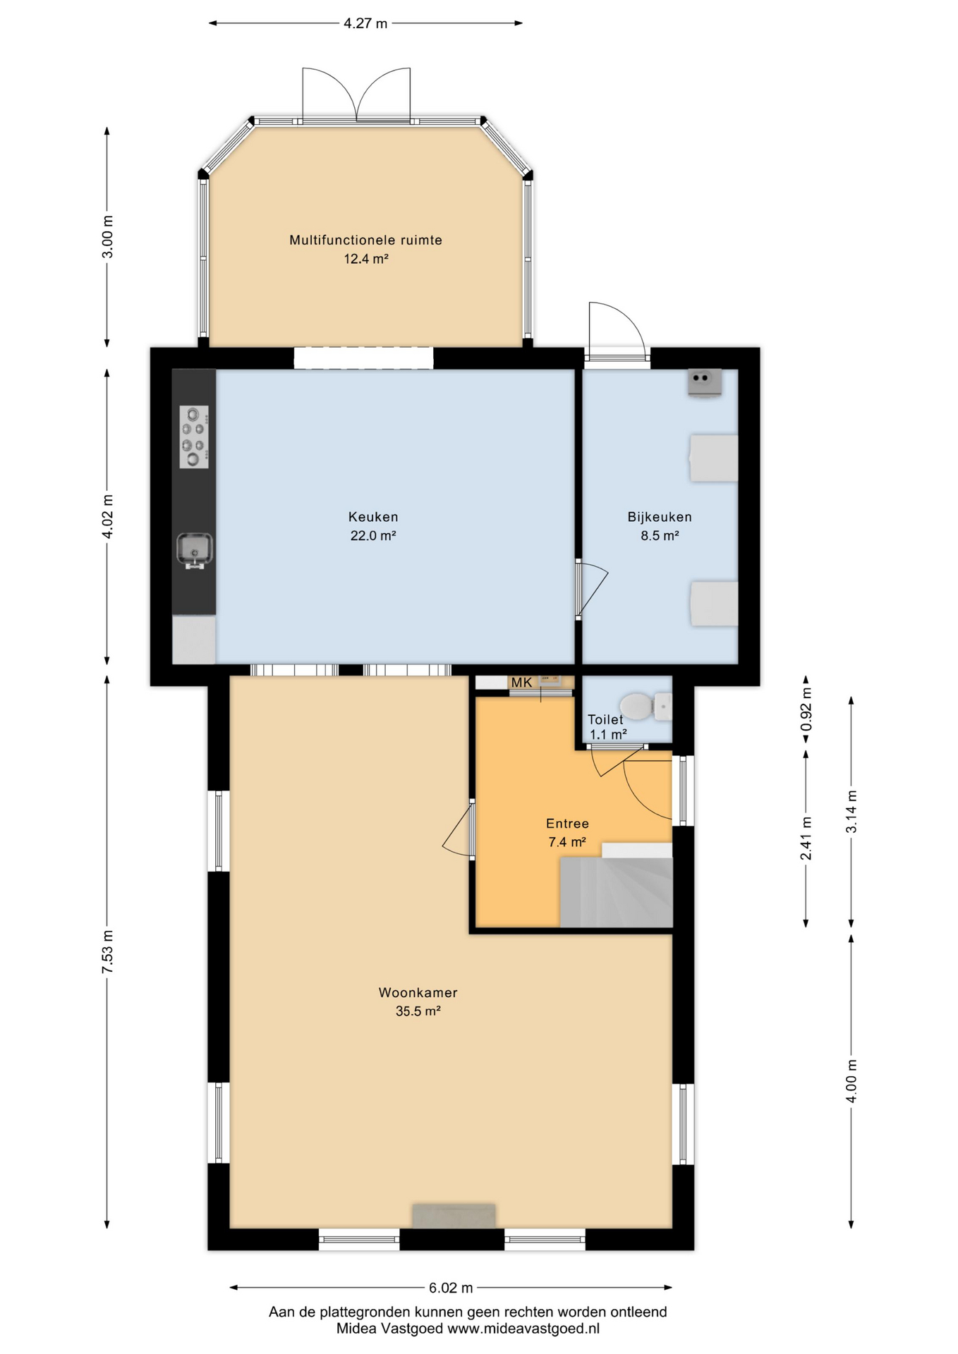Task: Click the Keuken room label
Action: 373,517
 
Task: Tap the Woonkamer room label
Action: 418,992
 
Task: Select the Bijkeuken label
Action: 660,517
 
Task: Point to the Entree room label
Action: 567,823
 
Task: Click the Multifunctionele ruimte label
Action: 366,240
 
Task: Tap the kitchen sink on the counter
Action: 195,550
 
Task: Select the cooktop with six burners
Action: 194,437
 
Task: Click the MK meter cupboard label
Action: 522,683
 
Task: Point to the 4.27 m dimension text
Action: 365,23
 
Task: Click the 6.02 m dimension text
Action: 451,1288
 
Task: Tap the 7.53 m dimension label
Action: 107,952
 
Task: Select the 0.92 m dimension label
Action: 806,709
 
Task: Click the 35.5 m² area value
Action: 418,1011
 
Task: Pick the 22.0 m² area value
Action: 373,535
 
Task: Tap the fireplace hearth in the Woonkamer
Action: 454,1215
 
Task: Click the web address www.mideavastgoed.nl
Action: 523,1329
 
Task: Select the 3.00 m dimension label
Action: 107,237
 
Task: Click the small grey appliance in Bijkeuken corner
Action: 705,382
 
